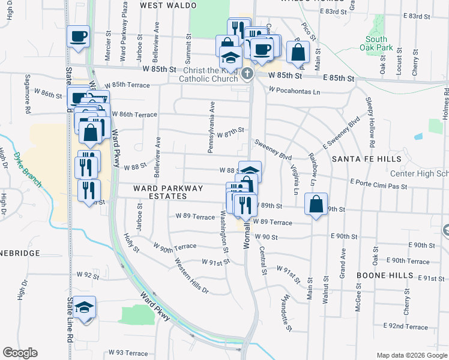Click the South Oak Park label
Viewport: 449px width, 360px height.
click(x=376, y=43)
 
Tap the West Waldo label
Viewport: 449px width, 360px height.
click(x=168, y=5)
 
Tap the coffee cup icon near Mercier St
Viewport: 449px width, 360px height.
click(x=79, y=36)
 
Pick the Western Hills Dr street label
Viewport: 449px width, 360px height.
click(x=191, y=276)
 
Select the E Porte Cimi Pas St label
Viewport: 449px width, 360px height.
click(x=378, y=184)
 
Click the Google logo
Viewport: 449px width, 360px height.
click(x=20, y=352)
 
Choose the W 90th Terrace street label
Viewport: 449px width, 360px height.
click(x=175, y=247)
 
